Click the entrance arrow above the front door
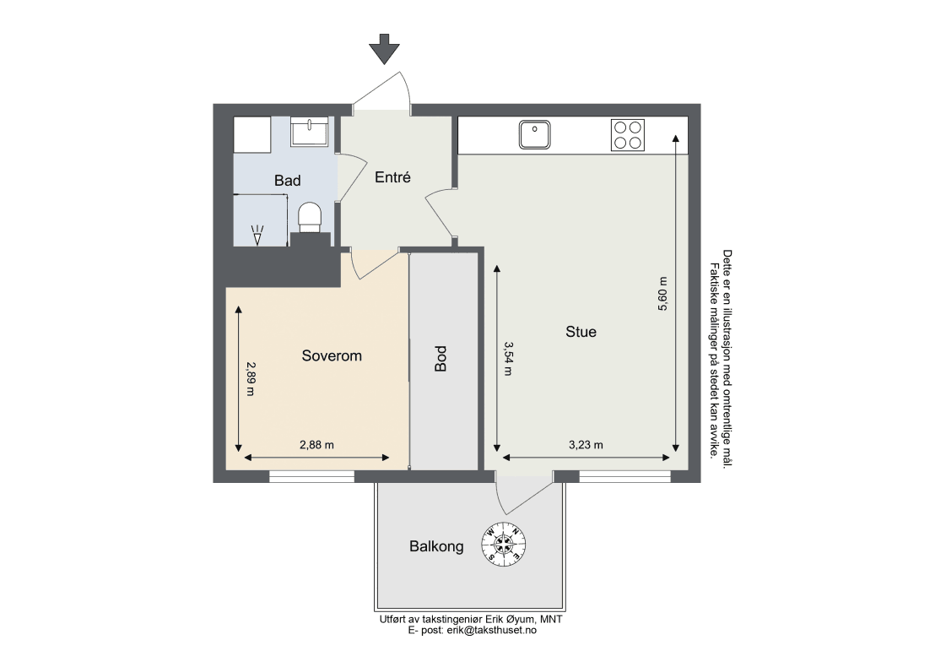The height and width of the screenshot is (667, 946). [x=384, y=49]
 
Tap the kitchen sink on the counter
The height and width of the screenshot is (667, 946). [x=534, y=134]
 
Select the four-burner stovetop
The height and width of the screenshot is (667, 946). [x=628, y=134]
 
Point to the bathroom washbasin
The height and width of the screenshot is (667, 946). [x=310, y=132]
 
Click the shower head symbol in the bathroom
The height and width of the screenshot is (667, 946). [x=257, y=234]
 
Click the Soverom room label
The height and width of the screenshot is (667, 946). [x=332, y=355]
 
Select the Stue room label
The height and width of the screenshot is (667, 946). [x=581, y=331]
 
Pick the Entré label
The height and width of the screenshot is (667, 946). [x=392, y=176]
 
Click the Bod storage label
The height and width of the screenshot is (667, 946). [x=441, y=358]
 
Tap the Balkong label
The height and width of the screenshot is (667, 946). [x=437, y=547]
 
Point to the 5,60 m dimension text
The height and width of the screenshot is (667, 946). [x=662, y=294]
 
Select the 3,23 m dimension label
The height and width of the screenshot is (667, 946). [x=586, y=446]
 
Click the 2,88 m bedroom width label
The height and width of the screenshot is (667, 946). [x=316, y=446]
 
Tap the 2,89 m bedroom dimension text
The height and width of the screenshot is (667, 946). [x=251, y=378]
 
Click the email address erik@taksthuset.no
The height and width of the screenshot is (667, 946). [x=490, y=630]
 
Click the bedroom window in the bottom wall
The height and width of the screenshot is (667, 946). [x=311, y=478]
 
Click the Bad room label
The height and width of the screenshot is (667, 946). [x=287, y=181]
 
